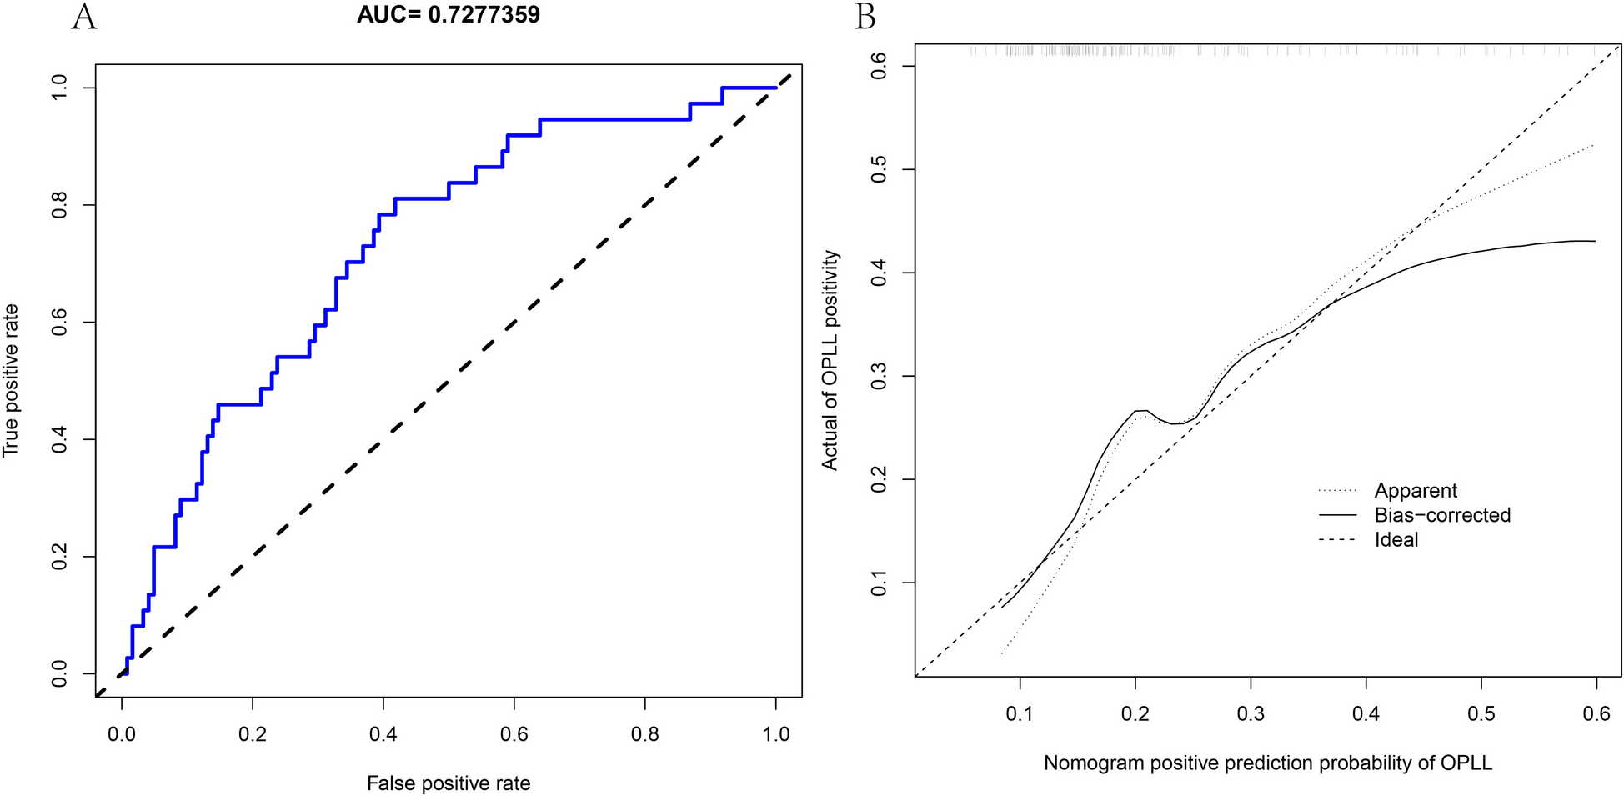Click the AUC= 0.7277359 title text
pos(448,15)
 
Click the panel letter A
pos(83,17)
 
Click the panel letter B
pos(865,17)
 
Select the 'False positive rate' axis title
pos(449,783)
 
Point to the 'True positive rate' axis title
pos(11,381)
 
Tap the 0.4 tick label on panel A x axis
pos(383,733)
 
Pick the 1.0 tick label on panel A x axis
pos(775,733)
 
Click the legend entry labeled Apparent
pos(1416,491)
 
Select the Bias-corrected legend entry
pos(1441,515)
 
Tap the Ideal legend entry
pos(1396,540)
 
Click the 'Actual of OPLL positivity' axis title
pos(830,360)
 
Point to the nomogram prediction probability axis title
pos(1267,763)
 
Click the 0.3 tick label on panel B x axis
pos(1251,714)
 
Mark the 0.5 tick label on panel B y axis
pos(879,170)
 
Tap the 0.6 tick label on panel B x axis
pos(1596,714)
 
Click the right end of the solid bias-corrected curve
pos(1594,241)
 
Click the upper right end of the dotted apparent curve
pos(1593,145)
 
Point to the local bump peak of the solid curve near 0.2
pos(1141,410)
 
